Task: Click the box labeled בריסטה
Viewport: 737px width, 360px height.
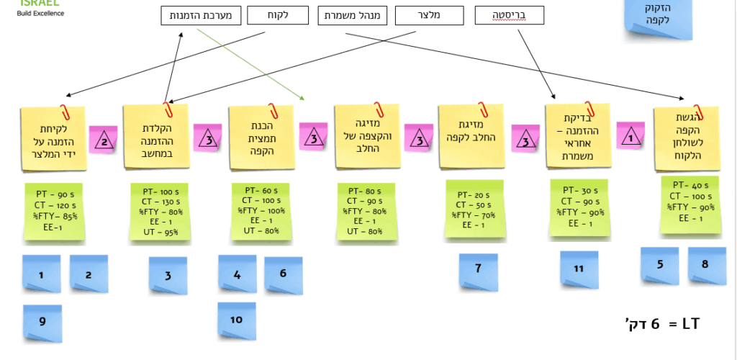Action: (510, 15)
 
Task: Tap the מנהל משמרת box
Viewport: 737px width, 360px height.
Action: (352, 15)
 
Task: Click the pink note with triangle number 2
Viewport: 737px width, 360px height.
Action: (103, 140)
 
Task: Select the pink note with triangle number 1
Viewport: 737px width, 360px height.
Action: (630, 136)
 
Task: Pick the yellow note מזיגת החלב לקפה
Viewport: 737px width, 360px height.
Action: (471, 137)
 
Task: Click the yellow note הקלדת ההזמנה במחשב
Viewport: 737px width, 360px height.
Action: (155, 137)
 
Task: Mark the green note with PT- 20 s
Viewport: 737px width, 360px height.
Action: (474, 210)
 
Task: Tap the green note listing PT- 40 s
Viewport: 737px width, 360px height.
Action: (690, 206)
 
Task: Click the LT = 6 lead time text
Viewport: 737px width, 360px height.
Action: (661, 325)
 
